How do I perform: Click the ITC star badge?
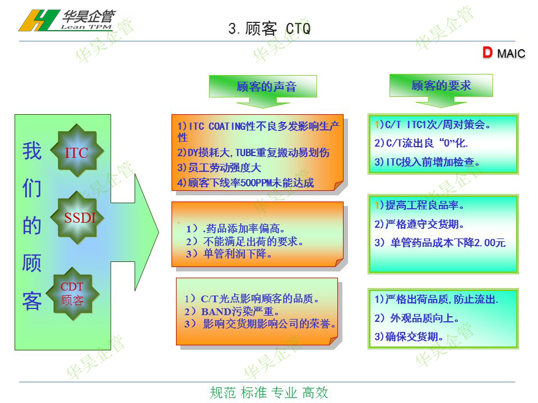click(x=77, y=151)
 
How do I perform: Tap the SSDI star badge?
click(x=77, y=218)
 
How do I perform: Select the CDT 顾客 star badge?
click(x=73, y=294)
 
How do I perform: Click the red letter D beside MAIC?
click(x=487, y=53)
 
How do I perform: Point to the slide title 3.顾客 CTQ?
click(x=270, y=29)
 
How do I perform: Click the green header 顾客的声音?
click(x=266, y=86)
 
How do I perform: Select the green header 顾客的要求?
click(x=441, y=85)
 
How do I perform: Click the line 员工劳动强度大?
click(x=219, y=167)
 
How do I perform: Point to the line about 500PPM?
click(x=245, y=183)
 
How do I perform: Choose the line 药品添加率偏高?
click(x=235, y=228)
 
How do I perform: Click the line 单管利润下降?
click(x=229, y=254)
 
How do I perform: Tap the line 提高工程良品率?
click(x=419, y=205)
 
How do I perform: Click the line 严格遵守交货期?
click(x=419, y=224)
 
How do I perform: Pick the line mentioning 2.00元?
click(x=440, y=242)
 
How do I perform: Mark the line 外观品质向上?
click(x=417, y=318)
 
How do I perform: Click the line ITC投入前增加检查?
click(x=427, y=162)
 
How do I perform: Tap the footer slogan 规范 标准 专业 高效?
click(x=270, y=393)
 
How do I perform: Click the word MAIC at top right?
click(x=511, y=54)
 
